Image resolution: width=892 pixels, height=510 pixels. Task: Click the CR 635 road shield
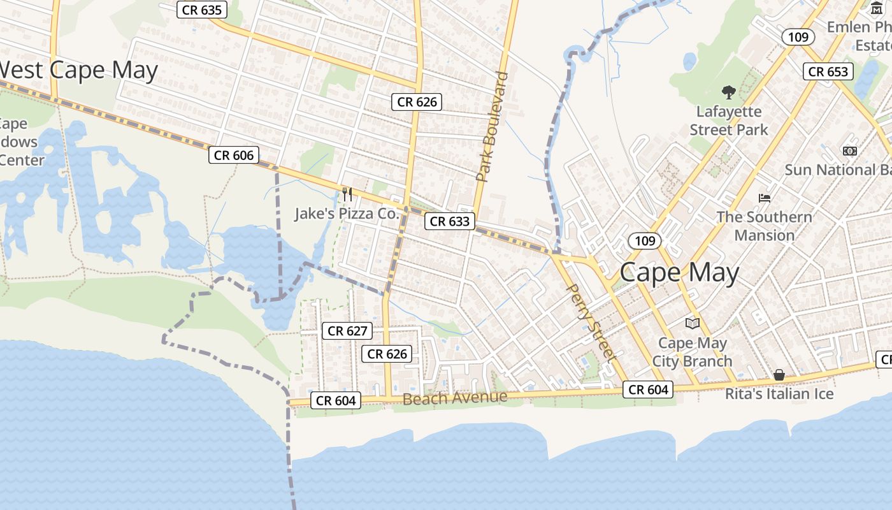(201, 10)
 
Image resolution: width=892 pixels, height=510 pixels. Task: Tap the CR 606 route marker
(234, 155)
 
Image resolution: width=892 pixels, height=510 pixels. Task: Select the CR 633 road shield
(450, 221)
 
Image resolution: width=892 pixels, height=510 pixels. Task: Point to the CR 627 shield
(347, 331)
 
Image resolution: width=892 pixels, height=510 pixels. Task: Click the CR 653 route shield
(828, 71)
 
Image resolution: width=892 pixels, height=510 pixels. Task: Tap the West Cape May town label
(78, 70)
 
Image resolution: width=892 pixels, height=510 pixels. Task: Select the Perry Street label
(591, 323)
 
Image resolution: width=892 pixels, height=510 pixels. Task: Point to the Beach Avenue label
(455, 398)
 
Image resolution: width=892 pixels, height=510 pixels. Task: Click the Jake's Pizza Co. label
(346, 214)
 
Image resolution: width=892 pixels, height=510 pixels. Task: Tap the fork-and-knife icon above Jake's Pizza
(347, 194)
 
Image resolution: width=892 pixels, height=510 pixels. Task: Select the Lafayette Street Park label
(729, 120)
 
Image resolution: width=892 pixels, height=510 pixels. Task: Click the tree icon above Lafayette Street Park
(728, 93)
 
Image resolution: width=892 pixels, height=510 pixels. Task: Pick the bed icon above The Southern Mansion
(765, 198)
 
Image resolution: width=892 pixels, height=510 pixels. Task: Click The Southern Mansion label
(764, 226)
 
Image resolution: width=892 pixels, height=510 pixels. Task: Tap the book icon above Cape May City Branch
(693, 324)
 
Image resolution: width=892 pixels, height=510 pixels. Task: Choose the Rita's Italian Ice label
(779, 394)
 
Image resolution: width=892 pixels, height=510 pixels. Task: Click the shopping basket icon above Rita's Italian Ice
(779, 374)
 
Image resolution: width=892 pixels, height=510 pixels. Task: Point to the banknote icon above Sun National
(849, 151)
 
